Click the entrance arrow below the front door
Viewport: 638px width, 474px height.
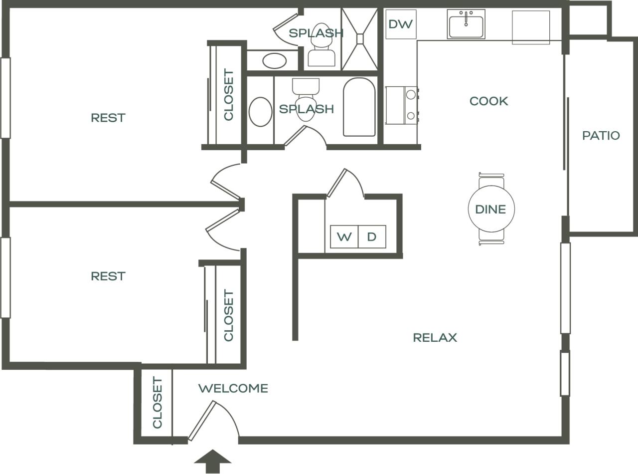pos(213,461)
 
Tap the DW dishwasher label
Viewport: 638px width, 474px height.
pos(401,24)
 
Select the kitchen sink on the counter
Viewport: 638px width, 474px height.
pos(466,25)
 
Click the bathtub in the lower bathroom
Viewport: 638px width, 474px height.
pos(359,107)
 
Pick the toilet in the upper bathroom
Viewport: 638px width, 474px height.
pos(321,47)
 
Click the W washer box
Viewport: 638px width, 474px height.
pos(344,237)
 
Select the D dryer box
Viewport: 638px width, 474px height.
pos(372,237)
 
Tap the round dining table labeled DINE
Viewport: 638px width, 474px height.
pos(491,209)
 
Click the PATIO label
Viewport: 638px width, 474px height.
pos(601,135)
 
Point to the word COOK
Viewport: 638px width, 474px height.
pos(489,101)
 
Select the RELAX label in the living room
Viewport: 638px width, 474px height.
pos(435,338)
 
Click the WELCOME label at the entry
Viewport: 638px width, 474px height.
pos(233,388)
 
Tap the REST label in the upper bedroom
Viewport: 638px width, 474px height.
pos(108,118)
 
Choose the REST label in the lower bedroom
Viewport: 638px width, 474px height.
pos(108,276)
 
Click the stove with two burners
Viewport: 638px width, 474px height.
pos(401,105)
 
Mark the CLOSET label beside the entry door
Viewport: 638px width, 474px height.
pos(157,403)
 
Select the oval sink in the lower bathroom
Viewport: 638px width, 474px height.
pos(260,112)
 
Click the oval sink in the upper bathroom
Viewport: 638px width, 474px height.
pos(274,61)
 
